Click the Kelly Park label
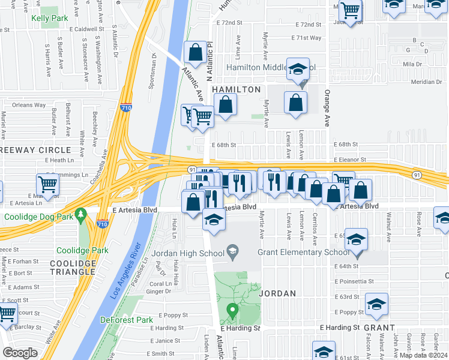(50, 19)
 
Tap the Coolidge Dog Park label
(37, 217)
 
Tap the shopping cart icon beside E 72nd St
(350, 10)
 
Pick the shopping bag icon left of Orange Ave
(295, 103)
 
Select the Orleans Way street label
(29, 105)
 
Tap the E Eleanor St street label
(348, 160)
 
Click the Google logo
(20, 353)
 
